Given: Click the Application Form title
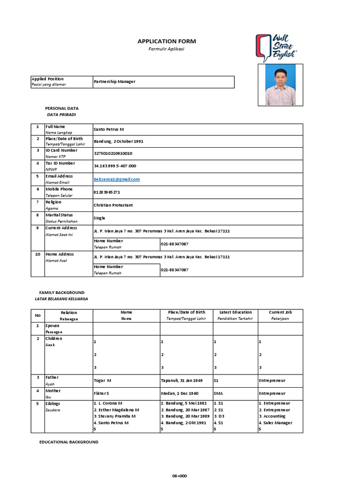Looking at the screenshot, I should [x=166, y=41].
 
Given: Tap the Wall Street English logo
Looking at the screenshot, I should [x=276, y=47].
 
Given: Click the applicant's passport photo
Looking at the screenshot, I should [x=280, y=85].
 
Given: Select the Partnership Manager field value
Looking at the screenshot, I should [x=114, y=82].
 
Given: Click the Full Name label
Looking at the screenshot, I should [x=55, y=127].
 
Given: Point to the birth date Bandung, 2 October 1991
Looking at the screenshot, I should [x=119, y=141].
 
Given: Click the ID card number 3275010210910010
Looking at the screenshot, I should [x=113, y=153].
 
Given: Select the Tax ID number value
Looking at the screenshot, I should [x=115, y=166].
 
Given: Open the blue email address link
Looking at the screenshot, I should [x=117, y=179].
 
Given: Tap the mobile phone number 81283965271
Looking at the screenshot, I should [x=107, y=192].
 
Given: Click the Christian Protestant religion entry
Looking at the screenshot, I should [x=113, y=205].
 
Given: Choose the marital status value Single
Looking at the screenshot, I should [x=99, y=218].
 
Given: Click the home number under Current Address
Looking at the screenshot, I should [x=174, y=244].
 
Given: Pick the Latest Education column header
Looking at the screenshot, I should [x=235, y=312].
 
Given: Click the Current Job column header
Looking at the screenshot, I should [x=280, y=312].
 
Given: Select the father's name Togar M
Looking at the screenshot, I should [x=103, y=381].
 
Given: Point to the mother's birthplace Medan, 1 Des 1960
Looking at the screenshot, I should [x=180, y=394].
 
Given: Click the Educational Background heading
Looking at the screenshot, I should [x=69, y=442].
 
